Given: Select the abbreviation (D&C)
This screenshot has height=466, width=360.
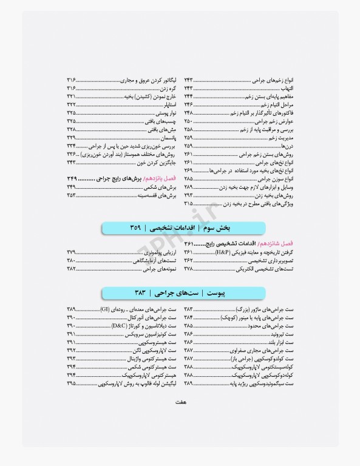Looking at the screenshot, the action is [120, 325].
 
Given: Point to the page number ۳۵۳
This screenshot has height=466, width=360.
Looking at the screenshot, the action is [72, 196].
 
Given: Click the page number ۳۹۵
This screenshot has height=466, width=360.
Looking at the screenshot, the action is [72, 383].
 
